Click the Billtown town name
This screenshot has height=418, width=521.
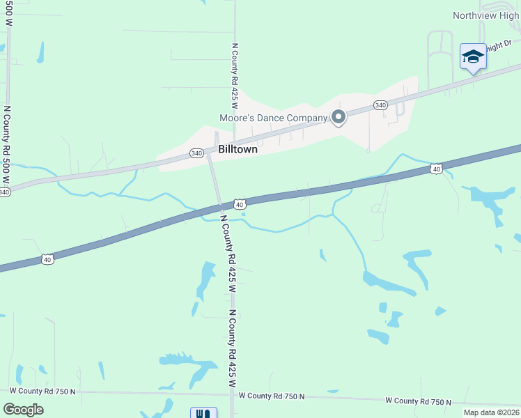(x=238, y=150)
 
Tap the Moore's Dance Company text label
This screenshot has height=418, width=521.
(x=273, y=118)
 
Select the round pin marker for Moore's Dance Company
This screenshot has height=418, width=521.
(x=339, y=117)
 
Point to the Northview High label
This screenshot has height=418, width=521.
(x=486, y=15)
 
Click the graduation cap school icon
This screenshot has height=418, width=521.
(x=473, y=57)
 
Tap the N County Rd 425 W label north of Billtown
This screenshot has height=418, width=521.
(x=235, y=79)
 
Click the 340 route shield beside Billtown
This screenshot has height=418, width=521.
(x=196, y=153)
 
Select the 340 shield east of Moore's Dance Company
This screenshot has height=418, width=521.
(x=380, y=105)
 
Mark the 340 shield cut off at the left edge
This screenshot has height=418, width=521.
(x=4, y=192)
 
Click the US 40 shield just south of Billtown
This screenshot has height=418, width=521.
(x=239, y=204)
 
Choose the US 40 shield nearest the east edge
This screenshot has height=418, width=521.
(x=436, y=169)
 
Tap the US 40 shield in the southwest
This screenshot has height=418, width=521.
(x=47, y=259)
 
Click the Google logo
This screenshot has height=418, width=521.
(x=23, y=410)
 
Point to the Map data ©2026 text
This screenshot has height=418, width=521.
(x=491, y=412)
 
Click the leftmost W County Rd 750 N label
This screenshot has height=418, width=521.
(x=43, y=392)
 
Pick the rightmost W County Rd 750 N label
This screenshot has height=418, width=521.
(x=419, y=401)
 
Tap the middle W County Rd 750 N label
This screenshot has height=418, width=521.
(x=272, y=396)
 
